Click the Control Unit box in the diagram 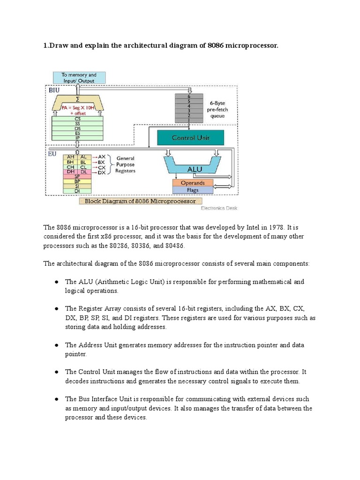[190, 138]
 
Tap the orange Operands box [192, 183]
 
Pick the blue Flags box [192, 190]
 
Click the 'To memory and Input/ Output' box [79, 77]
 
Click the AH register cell [71, 157]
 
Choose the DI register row [77, 191]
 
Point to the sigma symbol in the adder [77, 99]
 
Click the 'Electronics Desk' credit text [219, 207]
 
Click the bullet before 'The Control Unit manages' [56, 372]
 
